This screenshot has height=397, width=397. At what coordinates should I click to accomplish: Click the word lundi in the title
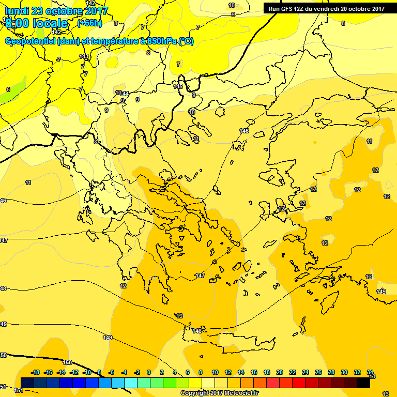click(x=17, y=11)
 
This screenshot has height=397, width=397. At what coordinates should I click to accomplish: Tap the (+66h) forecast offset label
click(x=89, y=23)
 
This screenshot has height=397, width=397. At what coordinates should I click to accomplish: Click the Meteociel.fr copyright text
click(x=219, y=393)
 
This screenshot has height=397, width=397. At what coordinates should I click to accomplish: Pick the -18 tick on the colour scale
click(x=35, y=372)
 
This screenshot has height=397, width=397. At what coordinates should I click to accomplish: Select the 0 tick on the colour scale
click(x=149, y=372)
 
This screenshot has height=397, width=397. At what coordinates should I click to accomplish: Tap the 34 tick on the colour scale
click(x=370, y=372)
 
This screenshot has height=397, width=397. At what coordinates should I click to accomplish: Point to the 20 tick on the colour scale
click(x=280, y=372)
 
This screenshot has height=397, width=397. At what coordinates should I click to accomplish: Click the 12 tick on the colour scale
click(x=228, y=372)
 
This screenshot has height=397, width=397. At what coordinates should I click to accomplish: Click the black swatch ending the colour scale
click(x=363, y=382)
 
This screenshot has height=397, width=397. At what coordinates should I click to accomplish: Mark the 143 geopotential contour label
click(x=84, y=56)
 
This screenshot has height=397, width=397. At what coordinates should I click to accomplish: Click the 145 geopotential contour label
click(x=178, y=86)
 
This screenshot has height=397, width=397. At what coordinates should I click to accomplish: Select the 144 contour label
click(x=125, y=94)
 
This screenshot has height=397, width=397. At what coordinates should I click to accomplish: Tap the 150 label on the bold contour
click(x=67, y=362)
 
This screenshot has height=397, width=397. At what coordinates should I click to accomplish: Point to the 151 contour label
click(x=19, y=390)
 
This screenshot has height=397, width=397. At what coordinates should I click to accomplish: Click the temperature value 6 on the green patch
click(x=8, y=89)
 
